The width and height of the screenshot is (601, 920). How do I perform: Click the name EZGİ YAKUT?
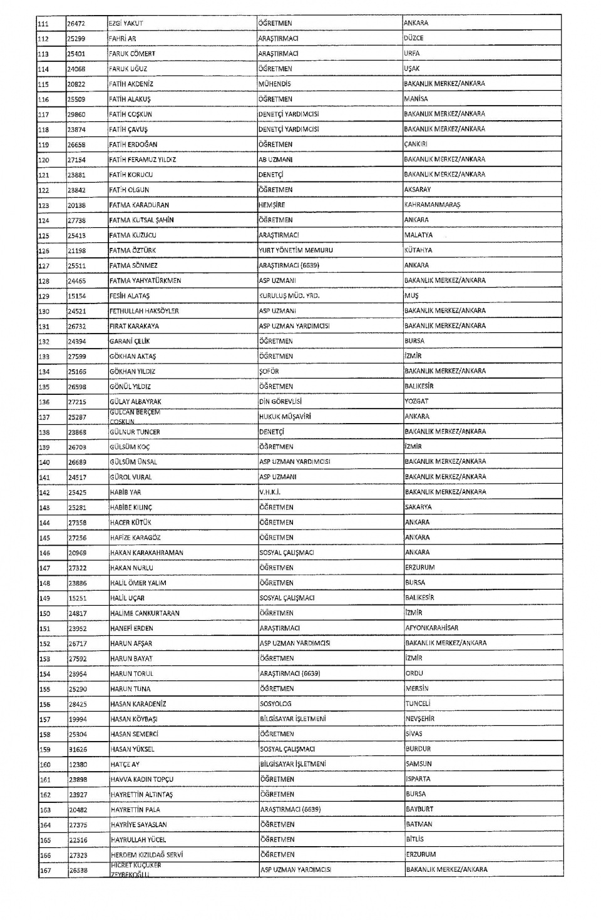[126, 23]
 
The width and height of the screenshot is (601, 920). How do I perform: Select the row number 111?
[44, 23]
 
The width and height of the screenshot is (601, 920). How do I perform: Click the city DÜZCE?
[413, 38]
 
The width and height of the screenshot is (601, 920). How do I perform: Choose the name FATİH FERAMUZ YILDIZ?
[142, 160]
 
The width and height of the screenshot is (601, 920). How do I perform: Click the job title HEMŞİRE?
[272, 205]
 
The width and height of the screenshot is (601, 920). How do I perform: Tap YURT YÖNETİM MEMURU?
[295, 250]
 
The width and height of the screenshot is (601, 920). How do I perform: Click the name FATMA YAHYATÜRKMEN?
[145, 280]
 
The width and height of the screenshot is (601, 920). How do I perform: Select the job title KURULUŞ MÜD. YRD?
[289, 295]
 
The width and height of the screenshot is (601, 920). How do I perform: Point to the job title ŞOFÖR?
[269, 371]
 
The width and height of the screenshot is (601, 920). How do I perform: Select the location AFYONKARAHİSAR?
[431, 628]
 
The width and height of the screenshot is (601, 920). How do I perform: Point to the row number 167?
[46, 870]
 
